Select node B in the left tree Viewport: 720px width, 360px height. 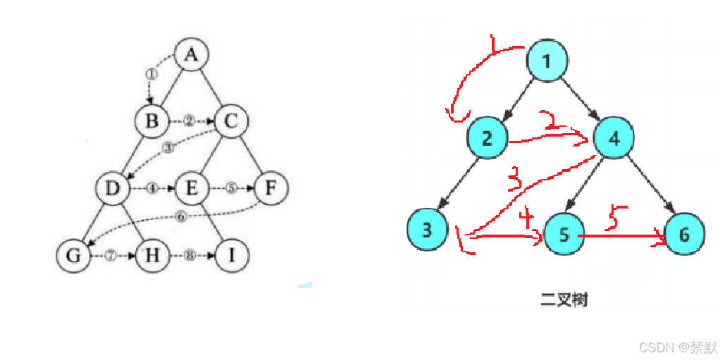152,120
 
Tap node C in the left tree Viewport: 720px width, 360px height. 231,120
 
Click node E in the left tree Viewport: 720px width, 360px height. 190,188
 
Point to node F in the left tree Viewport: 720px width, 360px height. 270,188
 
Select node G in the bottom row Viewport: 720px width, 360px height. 73,255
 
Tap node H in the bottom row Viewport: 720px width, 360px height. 151,255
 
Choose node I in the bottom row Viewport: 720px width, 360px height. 231,255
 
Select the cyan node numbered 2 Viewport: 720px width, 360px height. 487,138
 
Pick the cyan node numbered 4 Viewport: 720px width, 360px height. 614,138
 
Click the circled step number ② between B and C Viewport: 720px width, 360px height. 189,120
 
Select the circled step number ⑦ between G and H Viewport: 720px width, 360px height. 111,255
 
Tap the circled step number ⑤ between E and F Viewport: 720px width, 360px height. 232,188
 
